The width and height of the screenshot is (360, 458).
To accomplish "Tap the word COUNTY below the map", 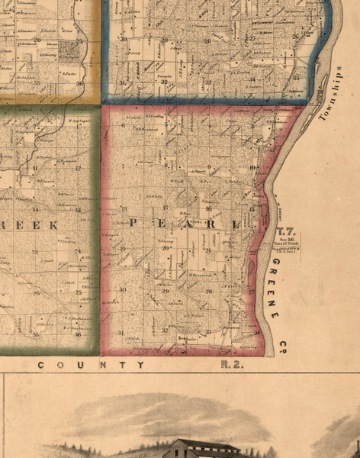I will (92, 365).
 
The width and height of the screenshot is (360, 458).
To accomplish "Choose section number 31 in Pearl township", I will (122, 333).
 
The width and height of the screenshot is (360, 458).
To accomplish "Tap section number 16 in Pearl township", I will (208, 208).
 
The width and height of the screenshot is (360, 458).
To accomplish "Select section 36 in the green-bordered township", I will (78, 334).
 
